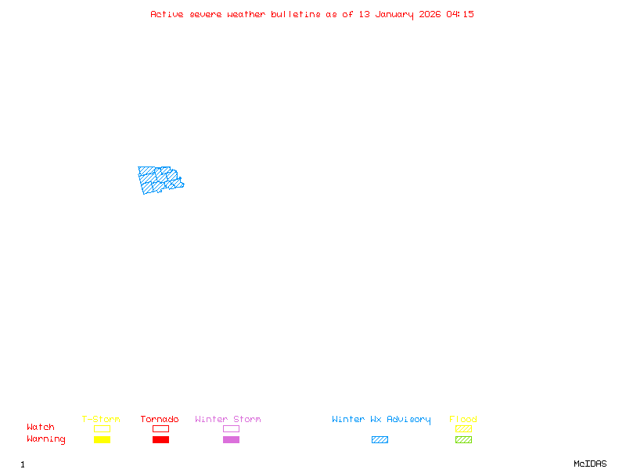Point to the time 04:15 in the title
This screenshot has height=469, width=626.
pyautogui.click(x=460, y=14)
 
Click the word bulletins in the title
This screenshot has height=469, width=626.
pyautogui.click(x=296, y=14)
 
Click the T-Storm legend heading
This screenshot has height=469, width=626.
pyautogui.click(x=101, y=420)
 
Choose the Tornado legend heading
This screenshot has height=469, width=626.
pyautogui.click(x=160, y=420)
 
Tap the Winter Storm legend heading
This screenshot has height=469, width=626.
pyautogui.click(x=228, y=420)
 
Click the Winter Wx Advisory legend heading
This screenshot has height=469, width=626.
pyautogui.click(x=381, y=420)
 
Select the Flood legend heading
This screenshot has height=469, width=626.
pyautogui.click(x=463, y=420)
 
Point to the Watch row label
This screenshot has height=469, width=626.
pyautogui.click(x=41, y=428)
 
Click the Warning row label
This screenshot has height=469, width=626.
pyautogui.click(x=46, y=439)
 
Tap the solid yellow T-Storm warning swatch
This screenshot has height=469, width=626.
pyautogui.click(x=102, y=440)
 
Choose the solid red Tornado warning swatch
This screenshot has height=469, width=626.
pyautogui.click(x=160, y=440)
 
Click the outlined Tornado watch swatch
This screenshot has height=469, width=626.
pyautogui.click(x=160, y=429)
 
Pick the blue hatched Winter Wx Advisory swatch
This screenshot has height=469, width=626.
pyautogui.click(x=380, y=440)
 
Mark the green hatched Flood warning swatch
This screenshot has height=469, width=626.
pyautogui.click(x=463, y=440)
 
